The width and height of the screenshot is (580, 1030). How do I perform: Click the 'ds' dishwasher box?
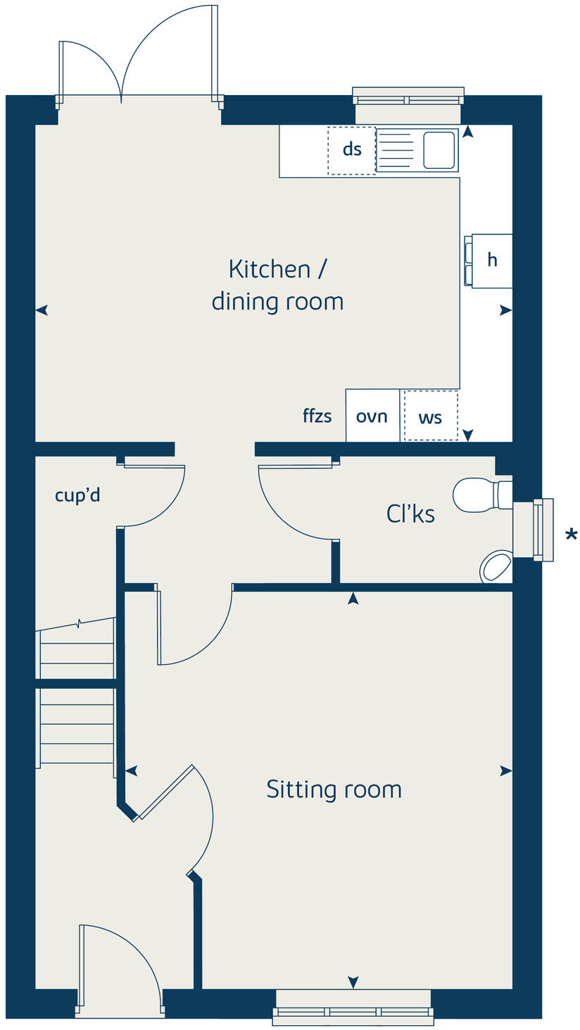point(351,150)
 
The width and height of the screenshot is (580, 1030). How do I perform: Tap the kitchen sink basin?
point(439,150)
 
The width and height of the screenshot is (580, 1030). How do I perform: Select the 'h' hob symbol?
point(491,260)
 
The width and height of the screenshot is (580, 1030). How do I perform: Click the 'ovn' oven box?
point(372,416)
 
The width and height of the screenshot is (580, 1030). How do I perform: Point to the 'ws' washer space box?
point(430,417)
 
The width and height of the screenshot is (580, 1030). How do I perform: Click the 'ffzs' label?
point(317,416)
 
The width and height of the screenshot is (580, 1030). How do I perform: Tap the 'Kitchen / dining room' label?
point(277,285)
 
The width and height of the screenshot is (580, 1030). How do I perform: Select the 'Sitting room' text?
point(334,789)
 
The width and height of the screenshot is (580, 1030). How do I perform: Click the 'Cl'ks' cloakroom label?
point(410,514)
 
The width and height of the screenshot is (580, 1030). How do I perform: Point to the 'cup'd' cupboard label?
point(77,495)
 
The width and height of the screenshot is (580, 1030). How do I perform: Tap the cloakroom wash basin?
point(497,566)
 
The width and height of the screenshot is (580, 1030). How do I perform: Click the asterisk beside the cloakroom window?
point(571,536)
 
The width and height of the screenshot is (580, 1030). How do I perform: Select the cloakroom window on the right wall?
point(543,530)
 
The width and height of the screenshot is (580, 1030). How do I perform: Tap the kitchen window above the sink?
point(408,97)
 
